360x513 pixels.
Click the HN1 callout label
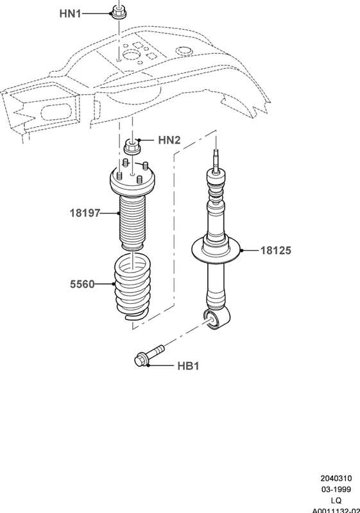70,13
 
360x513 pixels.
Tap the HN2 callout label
169,140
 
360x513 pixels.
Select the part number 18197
85,213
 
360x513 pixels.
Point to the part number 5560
82,284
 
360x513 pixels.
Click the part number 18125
275,251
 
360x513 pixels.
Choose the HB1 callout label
188,366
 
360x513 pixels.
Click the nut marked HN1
119,12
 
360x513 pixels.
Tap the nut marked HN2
132,147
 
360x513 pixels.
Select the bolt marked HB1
149,355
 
